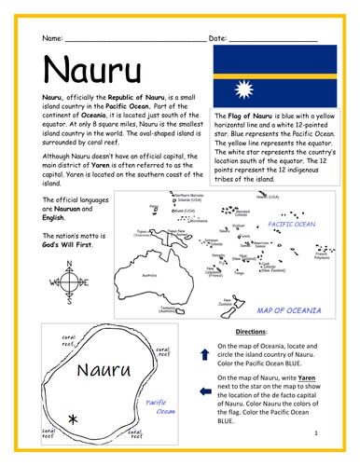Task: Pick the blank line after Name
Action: click(x=131, y=39)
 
